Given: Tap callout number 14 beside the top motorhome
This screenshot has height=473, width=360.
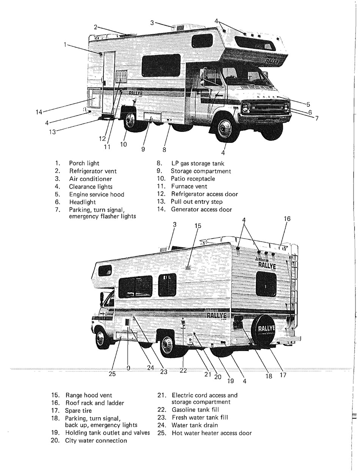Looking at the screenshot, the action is [39, 112].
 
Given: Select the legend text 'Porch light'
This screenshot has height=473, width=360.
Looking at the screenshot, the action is [84, 163].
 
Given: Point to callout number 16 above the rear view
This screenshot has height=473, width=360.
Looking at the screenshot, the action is [287, 219].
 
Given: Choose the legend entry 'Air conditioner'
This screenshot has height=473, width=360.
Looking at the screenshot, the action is [90, 179].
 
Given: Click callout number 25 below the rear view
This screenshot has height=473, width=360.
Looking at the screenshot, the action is [112, 374].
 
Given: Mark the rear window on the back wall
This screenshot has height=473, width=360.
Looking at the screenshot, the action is [266, 284].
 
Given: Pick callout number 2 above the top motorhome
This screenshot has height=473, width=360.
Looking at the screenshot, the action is [96, 27].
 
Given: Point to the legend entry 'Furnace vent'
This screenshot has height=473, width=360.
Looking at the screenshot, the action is [189, 186].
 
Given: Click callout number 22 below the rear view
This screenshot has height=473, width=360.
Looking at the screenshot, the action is [183, 370].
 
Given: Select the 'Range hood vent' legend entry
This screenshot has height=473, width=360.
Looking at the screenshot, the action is [89, 395].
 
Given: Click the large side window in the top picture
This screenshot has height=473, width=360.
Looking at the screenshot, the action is [161, 65].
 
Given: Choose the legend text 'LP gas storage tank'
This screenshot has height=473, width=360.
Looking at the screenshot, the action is [198, 164].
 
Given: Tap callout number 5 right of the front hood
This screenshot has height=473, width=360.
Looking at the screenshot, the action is [308, 104].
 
